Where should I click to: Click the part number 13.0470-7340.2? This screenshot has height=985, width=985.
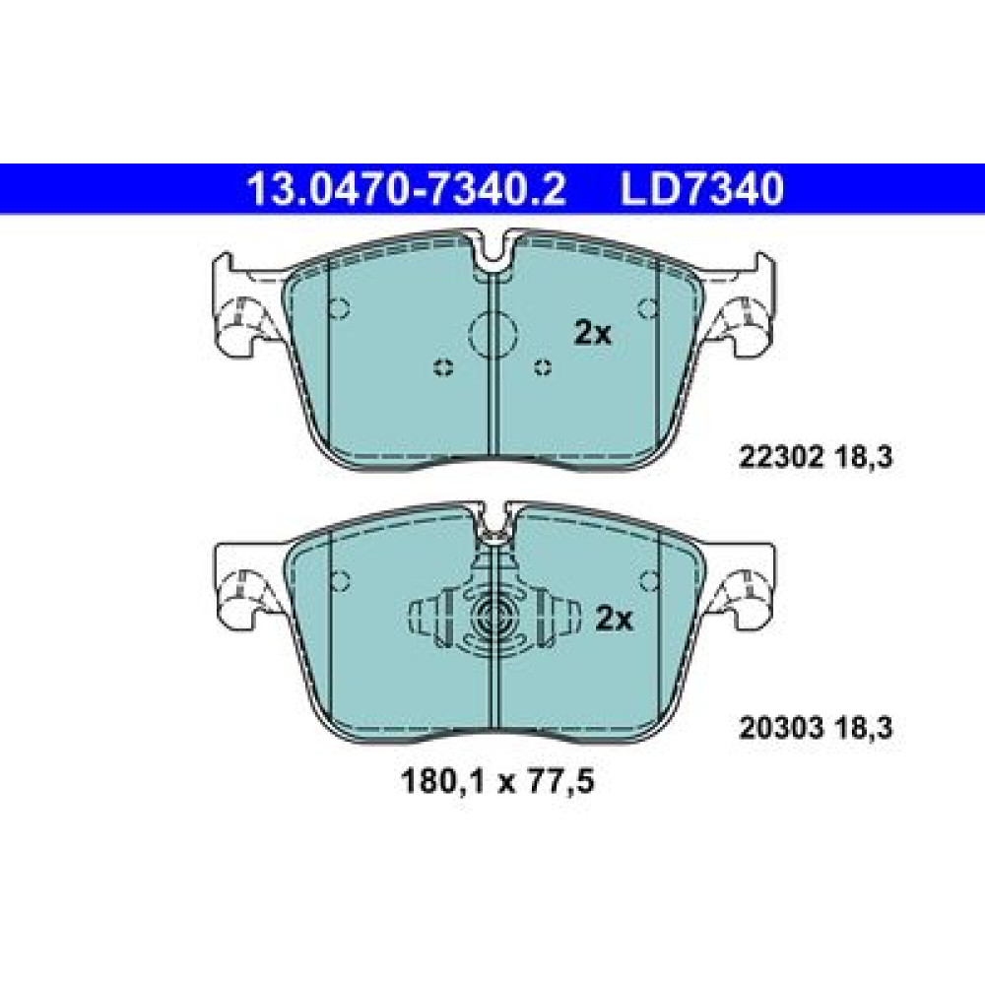(x=407, y=189)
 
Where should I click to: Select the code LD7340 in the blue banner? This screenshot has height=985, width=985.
(x=702, y=189)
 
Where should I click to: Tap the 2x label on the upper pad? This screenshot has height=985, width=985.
(x=592, y=333)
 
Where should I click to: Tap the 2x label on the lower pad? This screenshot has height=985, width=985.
(x=614, y=619)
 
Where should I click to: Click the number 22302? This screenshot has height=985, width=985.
(x=780, y=458)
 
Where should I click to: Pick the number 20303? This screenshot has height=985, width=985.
(x=781, y=729)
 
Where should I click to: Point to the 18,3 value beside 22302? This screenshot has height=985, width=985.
(x=864, y=458)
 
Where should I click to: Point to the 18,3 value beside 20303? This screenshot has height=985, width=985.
(x=864, y=729)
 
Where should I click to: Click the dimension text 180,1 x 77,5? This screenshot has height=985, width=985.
(x=496, y=782)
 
